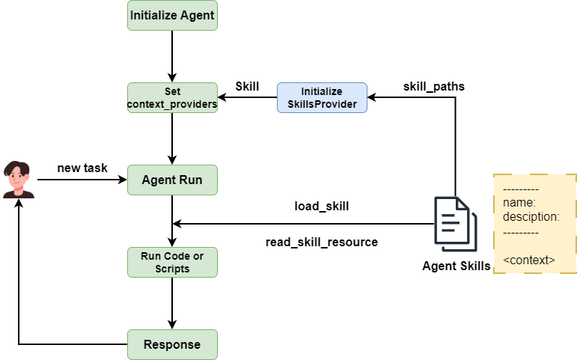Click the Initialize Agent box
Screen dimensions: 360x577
click(172, 15)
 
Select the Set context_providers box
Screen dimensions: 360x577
click(172, 98)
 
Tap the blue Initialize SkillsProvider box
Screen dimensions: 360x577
click(322, 98)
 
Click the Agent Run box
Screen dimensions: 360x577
click(172, 180)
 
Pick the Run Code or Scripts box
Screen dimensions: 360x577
click(172, 262)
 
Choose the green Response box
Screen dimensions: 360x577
click(172, 344)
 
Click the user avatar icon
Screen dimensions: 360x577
click(19, 180)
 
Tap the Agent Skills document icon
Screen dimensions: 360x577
click(455, 224)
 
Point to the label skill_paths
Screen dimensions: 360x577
click(433, 86)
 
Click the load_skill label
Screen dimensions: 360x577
click(321, 206)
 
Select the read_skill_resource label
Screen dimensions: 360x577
click(321, 242)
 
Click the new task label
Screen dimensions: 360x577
click(82, 168)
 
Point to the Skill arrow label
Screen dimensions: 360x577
click(247, 86)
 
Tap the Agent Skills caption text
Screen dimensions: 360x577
click(456, 266)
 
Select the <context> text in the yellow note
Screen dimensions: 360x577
click(529, 260)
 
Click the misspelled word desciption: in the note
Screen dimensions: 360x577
click(531, 217)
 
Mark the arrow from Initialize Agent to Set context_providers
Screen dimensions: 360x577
click(172, 56)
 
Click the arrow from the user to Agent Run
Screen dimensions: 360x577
click(79, 180)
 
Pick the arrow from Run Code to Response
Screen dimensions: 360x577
click(172, 303)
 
